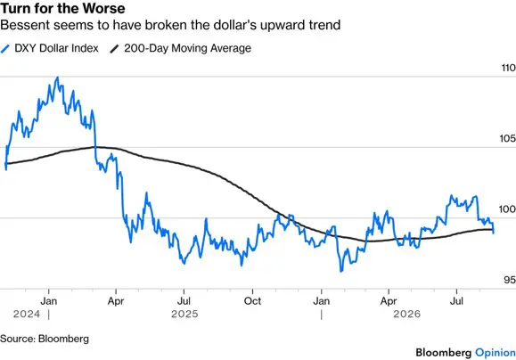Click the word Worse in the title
tap(107, 8)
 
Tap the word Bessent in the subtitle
tap(24, 25)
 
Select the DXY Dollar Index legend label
tap(57, 48)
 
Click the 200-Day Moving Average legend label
tap(187, 48)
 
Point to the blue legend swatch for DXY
tap(5, 49)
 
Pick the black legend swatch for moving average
tap(114, 49)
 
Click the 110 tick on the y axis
tap(509, 68)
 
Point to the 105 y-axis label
tap(507, 138)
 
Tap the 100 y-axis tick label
tap(507, 209)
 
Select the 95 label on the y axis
tap(510, 280)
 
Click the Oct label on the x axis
tap(252, 301)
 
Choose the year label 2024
tap(27, 314)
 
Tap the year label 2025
tap(184, 314)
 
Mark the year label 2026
tap(406, 314)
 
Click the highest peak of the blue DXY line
tap(58, 78)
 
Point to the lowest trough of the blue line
tap(341, 271)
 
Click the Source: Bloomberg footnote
tap(45, 339)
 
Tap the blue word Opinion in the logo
tap(495, 353)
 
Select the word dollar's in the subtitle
tap(233, 25)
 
